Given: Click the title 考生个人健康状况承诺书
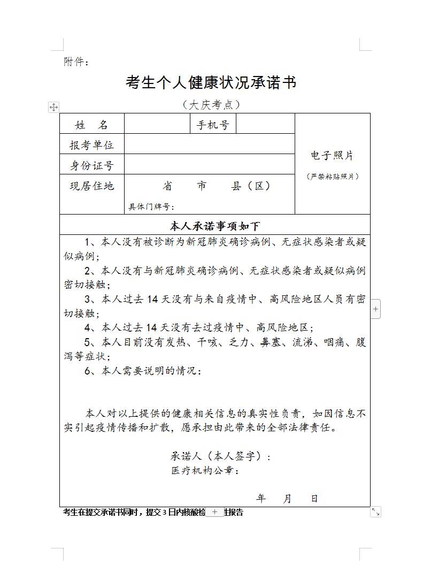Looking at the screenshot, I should coord(211,83).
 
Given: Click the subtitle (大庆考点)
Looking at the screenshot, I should coord(211,104).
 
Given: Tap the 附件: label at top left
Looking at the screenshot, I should coord(76,62).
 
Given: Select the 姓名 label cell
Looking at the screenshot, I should coord(91,125).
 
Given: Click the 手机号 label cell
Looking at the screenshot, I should coord(213,125).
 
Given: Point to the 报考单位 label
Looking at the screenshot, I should coord(91,145).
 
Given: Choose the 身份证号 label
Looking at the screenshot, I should coord(91,165).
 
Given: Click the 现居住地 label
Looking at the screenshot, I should coord(91,186).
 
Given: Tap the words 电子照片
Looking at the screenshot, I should coord(332,156).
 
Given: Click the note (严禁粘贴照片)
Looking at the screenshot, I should coord(332,176).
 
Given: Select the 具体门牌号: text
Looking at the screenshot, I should coord(151,207).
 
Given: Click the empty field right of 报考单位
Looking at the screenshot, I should coord(210,144).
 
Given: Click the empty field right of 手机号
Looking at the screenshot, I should coord(265,124).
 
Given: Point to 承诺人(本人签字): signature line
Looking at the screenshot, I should coord(221,456).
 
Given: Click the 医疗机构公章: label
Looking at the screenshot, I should coord(205,471).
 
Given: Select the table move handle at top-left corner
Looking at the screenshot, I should coord(53,107).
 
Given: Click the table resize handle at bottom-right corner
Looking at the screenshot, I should coord(375,512).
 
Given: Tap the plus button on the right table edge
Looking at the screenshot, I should coord(375,309).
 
